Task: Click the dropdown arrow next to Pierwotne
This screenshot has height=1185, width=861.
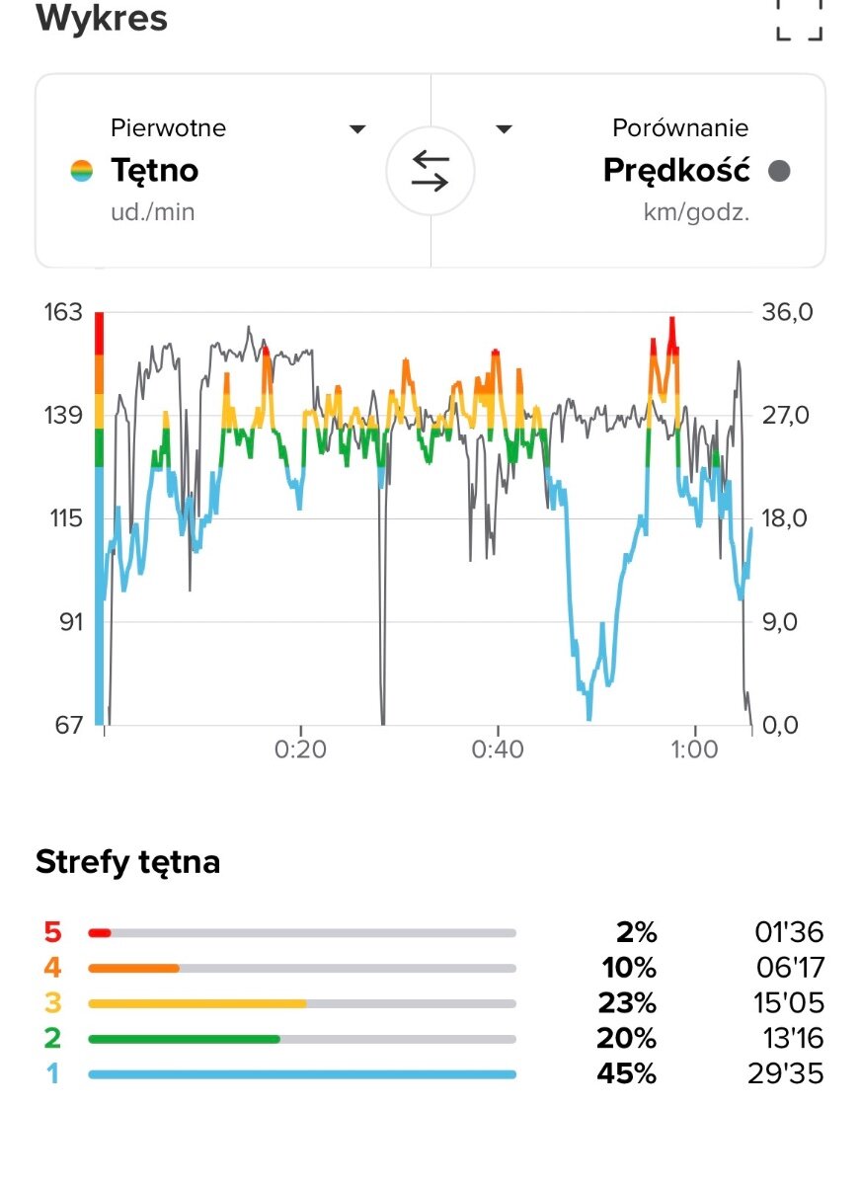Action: pos(358,129)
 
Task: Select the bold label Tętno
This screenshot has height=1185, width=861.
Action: pos(154,171)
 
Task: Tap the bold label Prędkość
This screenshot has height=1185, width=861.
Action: pos(676,171)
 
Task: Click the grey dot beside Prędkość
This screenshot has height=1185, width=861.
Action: pos(779,171)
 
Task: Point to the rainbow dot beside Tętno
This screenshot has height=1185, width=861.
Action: pos(82,171)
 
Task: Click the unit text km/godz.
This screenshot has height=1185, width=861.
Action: pos(696,213)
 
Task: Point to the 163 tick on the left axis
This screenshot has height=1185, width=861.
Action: pos(62,312)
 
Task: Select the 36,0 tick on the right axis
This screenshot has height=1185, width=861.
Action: pos(786,312)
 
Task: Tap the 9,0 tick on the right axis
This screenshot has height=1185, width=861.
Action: pos(786,622)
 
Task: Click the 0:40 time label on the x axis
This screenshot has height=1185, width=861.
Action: pos(498,750)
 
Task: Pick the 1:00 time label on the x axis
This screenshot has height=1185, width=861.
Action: pos(694,750)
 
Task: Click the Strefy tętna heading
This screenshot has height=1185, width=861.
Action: pos(127,862)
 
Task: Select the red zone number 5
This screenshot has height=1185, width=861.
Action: pos(52,932)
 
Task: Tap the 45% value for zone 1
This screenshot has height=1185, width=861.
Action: pos(626,1073)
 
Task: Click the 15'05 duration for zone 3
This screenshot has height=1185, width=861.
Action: pos(785,1003)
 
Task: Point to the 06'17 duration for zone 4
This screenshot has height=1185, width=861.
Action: pos(785,968)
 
